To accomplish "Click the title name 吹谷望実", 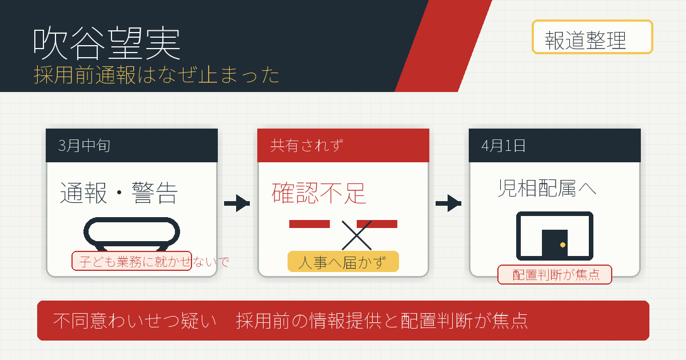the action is click(106, 43).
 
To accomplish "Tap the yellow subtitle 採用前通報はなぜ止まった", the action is click(157, 75).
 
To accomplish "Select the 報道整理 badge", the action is click(592, 37).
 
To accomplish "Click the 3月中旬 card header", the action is click(131, 145).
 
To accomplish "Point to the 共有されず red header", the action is click(343, 145).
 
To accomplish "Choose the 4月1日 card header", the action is click(555, 145).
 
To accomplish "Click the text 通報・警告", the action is click(119, 193).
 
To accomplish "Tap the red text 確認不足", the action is click(319, 193).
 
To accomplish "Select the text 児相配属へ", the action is click(547, 188).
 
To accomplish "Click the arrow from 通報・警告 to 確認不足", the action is click(237, 203).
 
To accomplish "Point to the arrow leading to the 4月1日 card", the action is click(448, 203).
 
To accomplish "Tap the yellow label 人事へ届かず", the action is click(343, 262).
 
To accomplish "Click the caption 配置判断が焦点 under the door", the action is click(555, 275).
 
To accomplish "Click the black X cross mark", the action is click(357, 235).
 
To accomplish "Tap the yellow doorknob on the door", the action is click(563, 245).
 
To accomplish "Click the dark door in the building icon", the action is click(555, 243).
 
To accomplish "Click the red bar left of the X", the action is click(309, 224).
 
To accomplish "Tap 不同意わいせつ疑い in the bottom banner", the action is click(134, 321).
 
